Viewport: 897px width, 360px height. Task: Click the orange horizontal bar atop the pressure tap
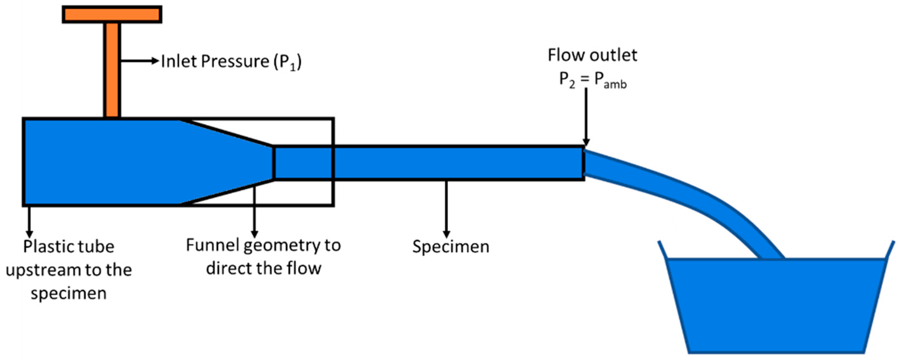point(112,15)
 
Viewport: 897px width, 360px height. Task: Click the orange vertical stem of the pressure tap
point(112,70)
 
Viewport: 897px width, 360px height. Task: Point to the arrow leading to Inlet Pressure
point(139,61)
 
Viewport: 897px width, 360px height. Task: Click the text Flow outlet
point(592,55)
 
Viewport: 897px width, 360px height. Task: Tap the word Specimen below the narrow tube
point(451,246)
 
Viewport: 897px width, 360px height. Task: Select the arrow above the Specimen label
point(446,209)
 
